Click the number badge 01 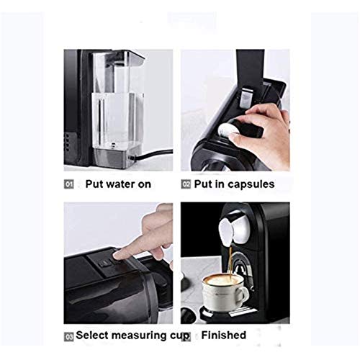click(x=70, y=184)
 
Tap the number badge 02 click(x=185, y=184)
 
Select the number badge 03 click(x=68, y=335)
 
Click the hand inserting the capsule click(x=263, y=122)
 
